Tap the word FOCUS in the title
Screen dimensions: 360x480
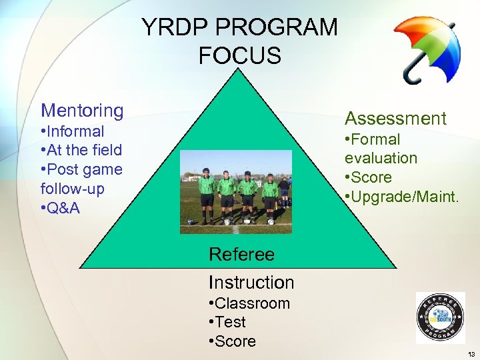click(x=239, y=56)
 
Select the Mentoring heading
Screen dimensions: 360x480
click(x=82, y=110)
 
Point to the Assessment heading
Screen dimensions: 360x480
click(x=395, y=119)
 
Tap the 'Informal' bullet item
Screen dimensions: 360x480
click(x=75, y=131)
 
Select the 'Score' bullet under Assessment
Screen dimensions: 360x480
click(x=371, y=177)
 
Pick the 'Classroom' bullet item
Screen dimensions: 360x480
click(x=252, y=303)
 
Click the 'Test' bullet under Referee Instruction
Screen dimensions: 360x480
click(x=230, y=322)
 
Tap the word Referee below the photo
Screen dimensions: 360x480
click(x=241, y=254)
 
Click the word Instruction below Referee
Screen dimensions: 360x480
click(x=251, y=282)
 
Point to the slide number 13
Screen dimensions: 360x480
click(x=471, y=354)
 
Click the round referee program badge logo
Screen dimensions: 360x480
click(x=440, y=318)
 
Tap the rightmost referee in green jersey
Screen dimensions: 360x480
click(x=270, y=194)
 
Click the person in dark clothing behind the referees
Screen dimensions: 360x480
click(x=285, y=190)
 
